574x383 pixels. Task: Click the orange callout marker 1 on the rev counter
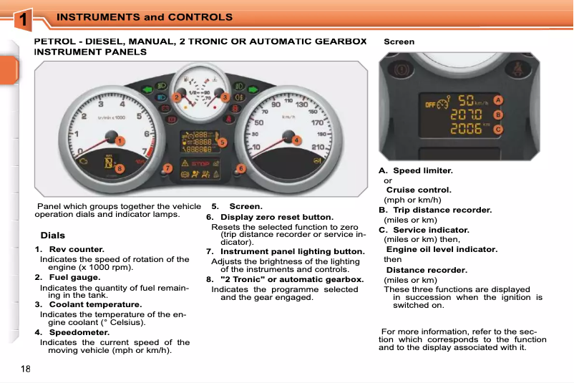pyautogui.click(x=120, y=141)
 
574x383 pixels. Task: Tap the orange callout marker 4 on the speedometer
pyautogui.click(x=296, y=140)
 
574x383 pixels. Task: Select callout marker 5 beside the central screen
pyautogui.click(x=223, y=142)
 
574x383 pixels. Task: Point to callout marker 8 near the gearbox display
pyautogui.click(x=120, y=168)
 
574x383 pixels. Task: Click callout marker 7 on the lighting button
pyautogui.click(x=167, y=168)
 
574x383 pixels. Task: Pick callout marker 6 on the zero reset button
pyautogui.click(x=241, y=168)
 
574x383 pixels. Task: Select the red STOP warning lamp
pyautogui.click(x=201, y=164)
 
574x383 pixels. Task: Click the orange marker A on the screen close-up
pyautogui.click(x=498, y=100)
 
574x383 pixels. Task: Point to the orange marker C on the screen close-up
pyautogui.click(x=498, y=129)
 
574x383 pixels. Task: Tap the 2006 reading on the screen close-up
pyautogui.click(x=465, y=128)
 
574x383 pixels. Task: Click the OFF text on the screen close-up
pyautogui.click(x=431, y=105)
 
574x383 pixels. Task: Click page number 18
pyautogui.click(x=26, y=369)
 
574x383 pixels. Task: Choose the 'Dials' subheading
pyautogui.click(x=53, y=236)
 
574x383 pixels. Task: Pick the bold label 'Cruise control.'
pyautogui.click(x=419, y=190)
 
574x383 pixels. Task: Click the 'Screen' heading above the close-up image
pyautogui.click(x=399, y=42)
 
